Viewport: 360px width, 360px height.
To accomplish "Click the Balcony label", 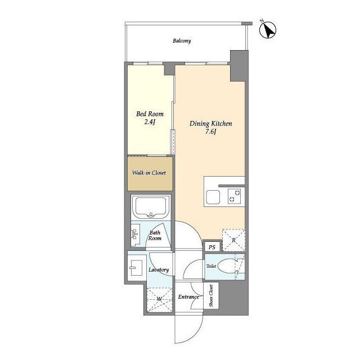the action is pyautogui.click(x=182, y=41).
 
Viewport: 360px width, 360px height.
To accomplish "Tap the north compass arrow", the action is pyautogui.click(x=268, y=30).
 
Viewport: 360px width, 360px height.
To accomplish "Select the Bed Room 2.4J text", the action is pyautogui.click(x=150, y=118).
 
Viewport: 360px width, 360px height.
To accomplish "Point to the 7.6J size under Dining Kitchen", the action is pyautogui.click(x=211, y=132).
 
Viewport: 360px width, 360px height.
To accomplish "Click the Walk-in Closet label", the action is pyautogui.click(x=149, y=173).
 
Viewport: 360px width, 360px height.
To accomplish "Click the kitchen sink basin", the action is pyautogui.click(x=213, y=197).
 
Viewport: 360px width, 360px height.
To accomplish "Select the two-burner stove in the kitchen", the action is pyautogui.click(x=235, y=196).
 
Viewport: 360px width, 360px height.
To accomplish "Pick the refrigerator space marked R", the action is pyautogui.click(x=233, y=240).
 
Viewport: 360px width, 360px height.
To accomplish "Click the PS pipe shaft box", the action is pyautogui.click(x=212, y=247).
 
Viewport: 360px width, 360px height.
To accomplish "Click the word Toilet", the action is pyautogui.click(x=211, y=266).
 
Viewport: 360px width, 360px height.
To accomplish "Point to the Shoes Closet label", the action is pyautogui.click(x=211, y=295).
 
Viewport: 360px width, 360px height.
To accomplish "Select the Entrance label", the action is pyautogui.click(x=188, y=297).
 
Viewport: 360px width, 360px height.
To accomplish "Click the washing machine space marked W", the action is pyautogui.click(x=160, y=299).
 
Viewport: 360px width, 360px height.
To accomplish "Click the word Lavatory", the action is pyautogui.click(x=159, y=269).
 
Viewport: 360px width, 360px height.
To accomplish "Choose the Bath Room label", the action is pyautogui.click(x=155, y=235).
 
